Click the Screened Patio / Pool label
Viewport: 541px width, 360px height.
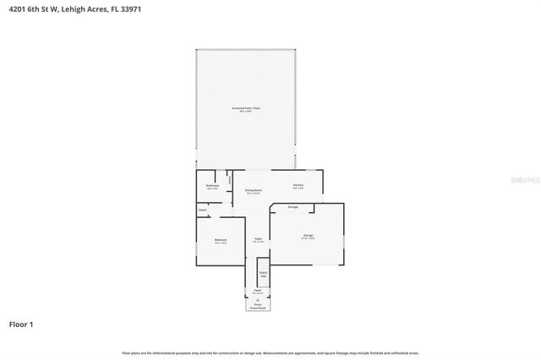(246, 110)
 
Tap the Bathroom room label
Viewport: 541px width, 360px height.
(213, 186)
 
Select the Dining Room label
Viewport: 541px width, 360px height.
(253, 191)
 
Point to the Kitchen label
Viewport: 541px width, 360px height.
(298, 186)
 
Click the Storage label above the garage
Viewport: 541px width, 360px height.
(292, 206)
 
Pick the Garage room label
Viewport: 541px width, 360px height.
(308, 236)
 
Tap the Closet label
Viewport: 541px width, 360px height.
(202, 210)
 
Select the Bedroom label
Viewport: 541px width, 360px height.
(221, 241)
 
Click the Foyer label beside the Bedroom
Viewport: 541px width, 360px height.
(258, 239)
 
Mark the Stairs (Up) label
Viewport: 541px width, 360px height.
(263, 274)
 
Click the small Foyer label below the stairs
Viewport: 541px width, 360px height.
(258, 291)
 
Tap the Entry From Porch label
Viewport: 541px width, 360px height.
(258, 308)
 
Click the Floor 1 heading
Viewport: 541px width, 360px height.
(21, 324)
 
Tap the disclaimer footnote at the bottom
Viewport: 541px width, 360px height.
(270, 352)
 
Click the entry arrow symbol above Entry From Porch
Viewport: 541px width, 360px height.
(258, 300)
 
